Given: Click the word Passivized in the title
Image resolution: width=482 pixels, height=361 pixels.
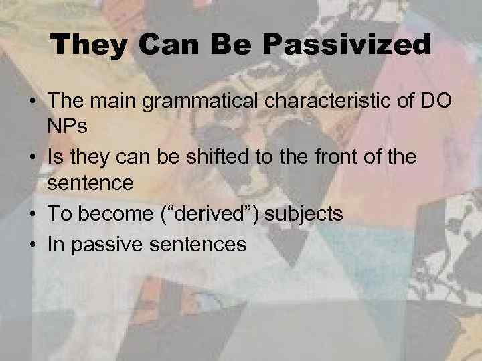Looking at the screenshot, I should click(347, 45).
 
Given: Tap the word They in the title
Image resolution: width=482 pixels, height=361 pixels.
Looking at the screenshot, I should click(86, 45).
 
